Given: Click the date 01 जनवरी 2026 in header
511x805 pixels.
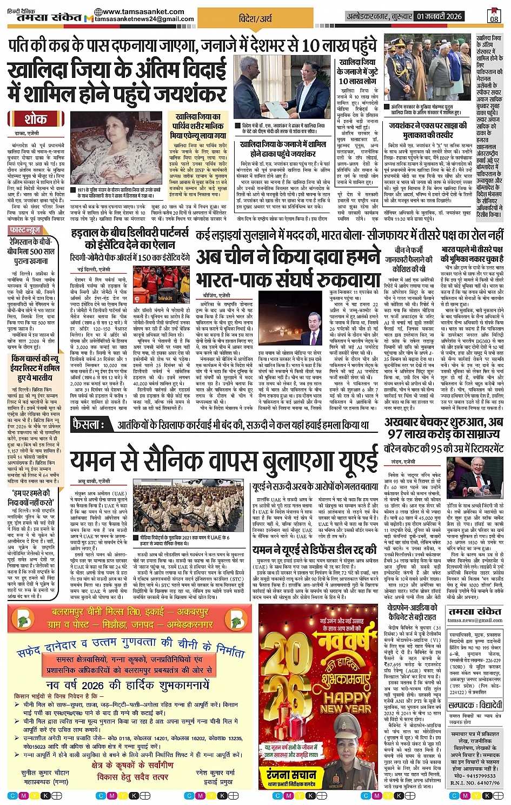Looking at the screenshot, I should (x=439, y=17).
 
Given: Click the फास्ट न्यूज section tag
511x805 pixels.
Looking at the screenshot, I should (x=26, y=230).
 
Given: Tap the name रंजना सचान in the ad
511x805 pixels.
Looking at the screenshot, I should (x=291, y=775).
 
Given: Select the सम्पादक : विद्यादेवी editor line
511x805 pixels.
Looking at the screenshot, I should (x=476, y=705).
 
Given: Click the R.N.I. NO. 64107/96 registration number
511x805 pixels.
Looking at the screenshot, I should (x=475, y=782).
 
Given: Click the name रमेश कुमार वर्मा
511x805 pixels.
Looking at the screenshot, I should (x=215, y=773).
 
